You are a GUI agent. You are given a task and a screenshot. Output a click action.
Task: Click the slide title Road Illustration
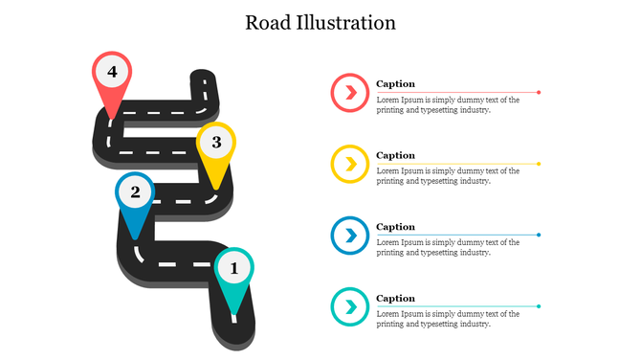pyautogui.click(x=320, y=22)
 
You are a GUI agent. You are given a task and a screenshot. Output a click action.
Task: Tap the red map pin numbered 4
pyautogui.click(x=112, y=74)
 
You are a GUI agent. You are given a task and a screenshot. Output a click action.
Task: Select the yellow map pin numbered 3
pyautogui.click(x=216, y=145)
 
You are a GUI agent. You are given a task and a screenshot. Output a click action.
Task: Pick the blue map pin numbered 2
pyautogui.click(x=135, y=194)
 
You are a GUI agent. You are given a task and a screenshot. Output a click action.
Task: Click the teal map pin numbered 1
pyautogui.click(x=234, y=270)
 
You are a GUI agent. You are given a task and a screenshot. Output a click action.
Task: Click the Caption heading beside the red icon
pyautogui.click(x=395, y=84)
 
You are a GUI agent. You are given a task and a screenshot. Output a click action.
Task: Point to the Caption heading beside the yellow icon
pyautogui.click(x=395, y=155)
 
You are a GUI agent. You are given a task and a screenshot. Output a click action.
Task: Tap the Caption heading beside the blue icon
pyautogui.click(x=395, y=227)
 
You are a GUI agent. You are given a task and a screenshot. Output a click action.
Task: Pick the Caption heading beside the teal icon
pyautogui.click(x=395, y=299)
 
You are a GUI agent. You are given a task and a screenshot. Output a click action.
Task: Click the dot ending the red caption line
pyautogui.click(x=539, y=92)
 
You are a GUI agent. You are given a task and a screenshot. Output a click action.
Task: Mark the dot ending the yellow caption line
pyautogui.click(x=539, y=164)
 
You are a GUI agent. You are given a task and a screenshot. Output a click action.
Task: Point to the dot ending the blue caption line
pyautogui.click(x=539, y=235)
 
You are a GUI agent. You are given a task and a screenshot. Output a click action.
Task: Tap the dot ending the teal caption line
pyautogui.click(x=539, y=306)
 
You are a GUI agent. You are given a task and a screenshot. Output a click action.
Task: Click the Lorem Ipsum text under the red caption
pyautogui.click(x=447, y=104)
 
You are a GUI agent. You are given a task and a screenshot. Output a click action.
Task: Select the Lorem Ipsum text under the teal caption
pyautogui.click(x=447, y=319)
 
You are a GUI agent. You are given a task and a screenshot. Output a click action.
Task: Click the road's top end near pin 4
pyautogui.click(x=202, y=78)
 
